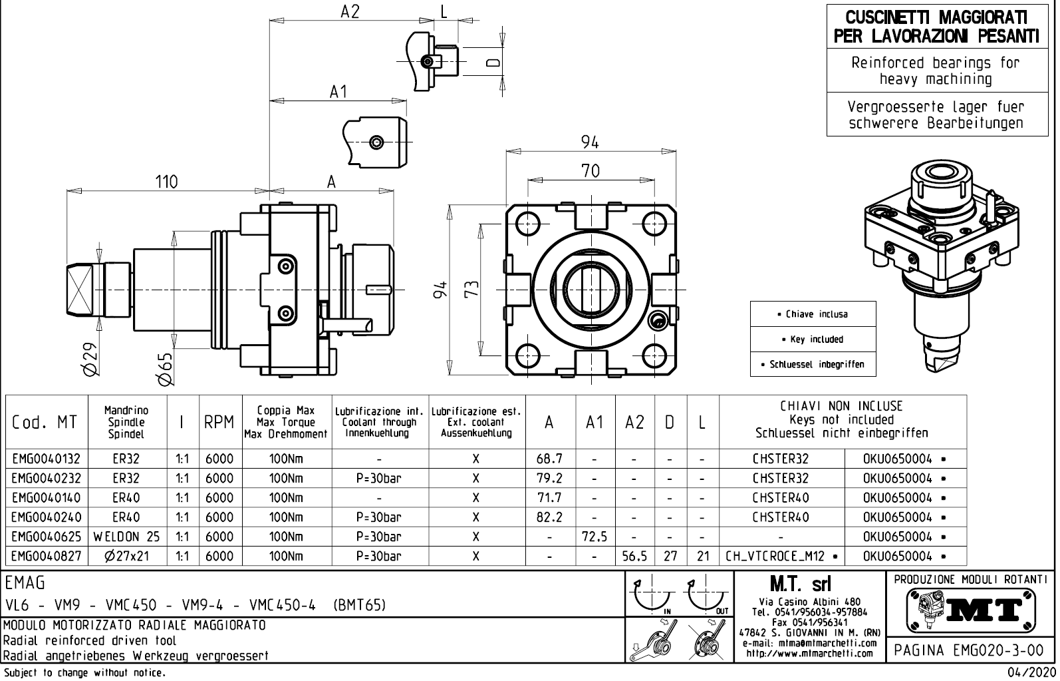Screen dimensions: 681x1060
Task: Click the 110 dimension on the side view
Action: click(x=166, y=182)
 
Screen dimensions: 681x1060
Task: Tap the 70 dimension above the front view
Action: click(x=590, y=171)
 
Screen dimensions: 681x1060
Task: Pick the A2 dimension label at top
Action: click(x=350, y=11)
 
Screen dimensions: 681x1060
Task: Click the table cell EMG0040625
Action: click(x=46, y=537)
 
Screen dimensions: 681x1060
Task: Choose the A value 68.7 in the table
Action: click(x=549, y=459)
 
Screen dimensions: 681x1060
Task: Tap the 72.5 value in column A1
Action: click(x=595, y=537)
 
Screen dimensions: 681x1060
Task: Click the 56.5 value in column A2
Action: click(x=634, y=556)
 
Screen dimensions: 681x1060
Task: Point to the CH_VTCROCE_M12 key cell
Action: click(x=781, y=556)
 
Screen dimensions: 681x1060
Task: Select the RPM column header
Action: click(x=219, y=422)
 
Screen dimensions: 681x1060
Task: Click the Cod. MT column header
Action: click(x=45, y=422)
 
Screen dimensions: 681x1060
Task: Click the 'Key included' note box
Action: click(x=813, y=340)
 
